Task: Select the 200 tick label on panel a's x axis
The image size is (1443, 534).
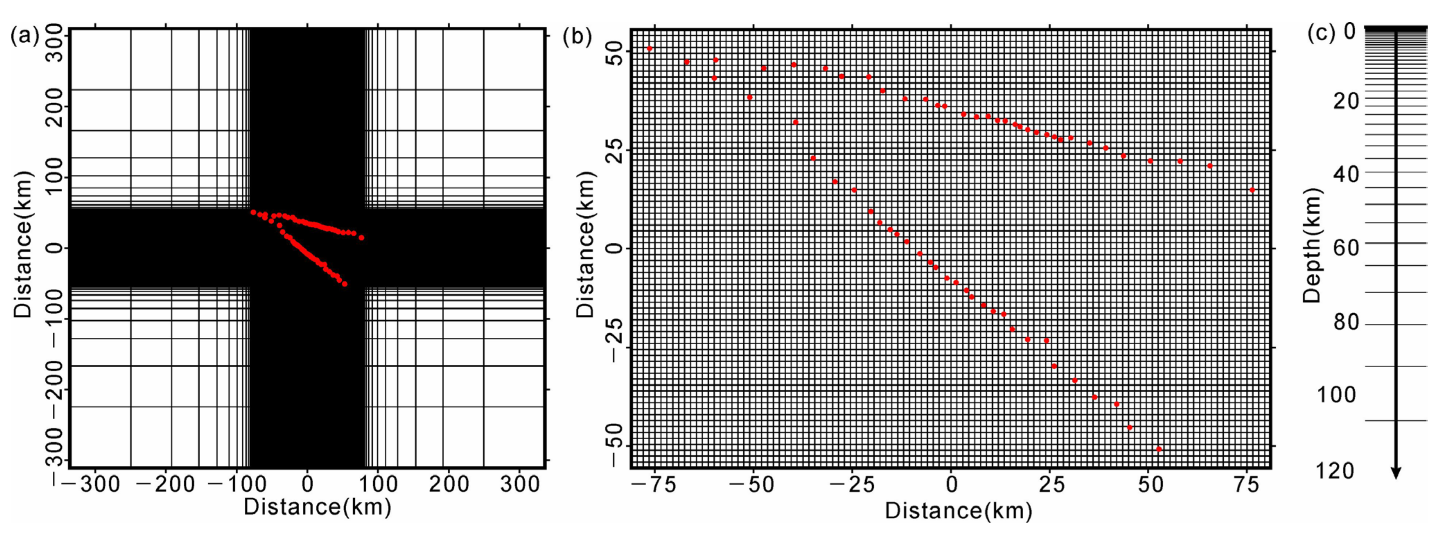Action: tap(448, 484)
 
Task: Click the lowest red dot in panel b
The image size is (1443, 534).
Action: tap(1159, 449)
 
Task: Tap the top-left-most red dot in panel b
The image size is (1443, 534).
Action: tap(649, 49)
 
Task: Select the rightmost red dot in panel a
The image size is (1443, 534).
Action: tap(361, 238)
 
